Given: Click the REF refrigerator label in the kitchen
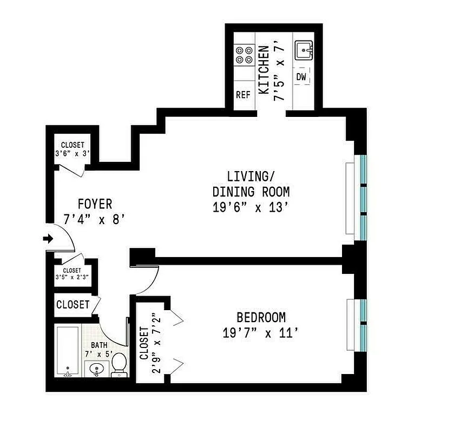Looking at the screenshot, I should click(244, 95).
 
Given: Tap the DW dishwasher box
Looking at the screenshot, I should click(301, 77).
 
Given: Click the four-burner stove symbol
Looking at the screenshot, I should click(244, 55).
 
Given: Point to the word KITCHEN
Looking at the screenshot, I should click(264, 70).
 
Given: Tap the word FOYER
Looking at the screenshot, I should click(95, 204).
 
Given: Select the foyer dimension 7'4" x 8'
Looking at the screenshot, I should click(95, 220).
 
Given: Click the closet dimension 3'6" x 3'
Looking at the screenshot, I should click(72, 153).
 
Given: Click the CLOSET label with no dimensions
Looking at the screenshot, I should click(73, 305).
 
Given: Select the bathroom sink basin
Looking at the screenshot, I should click(96, 370).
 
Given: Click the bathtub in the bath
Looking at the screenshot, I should click(68, 352).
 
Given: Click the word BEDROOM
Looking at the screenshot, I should click(261, 318).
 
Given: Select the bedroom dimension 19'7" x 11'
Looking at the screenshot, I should click(260, 333).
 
